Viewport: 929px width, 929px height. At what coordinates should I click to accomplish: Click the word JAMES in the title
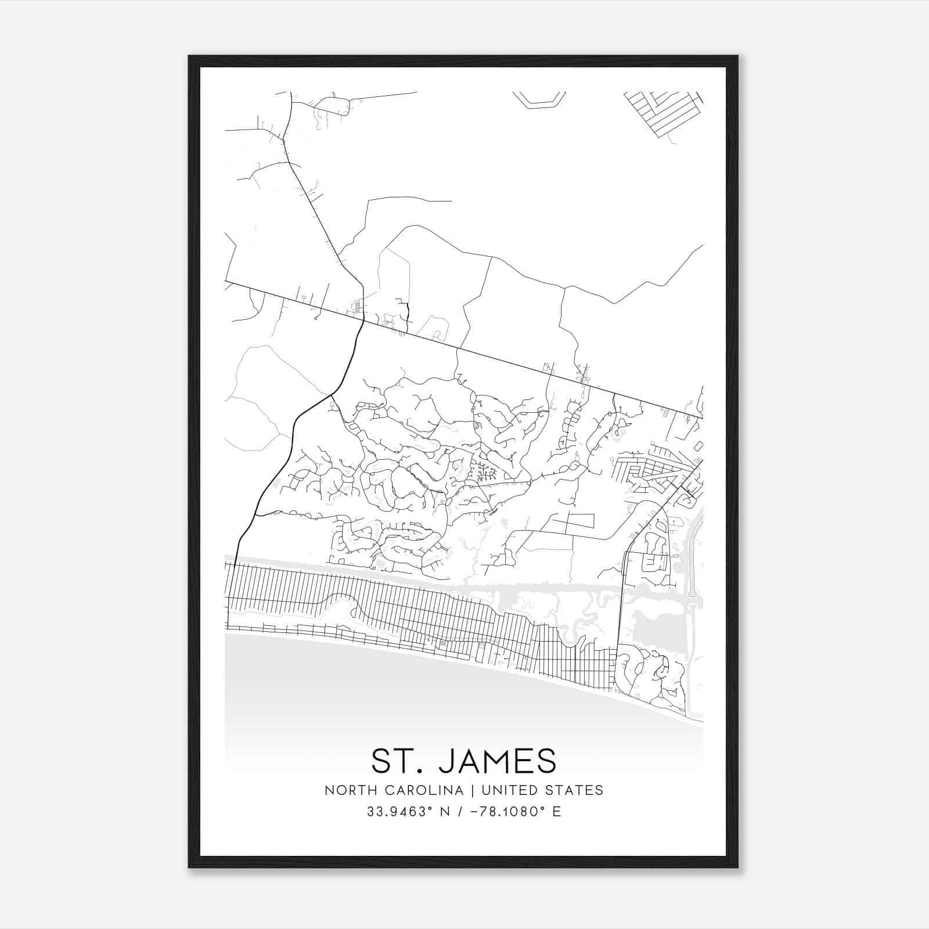(497, 761)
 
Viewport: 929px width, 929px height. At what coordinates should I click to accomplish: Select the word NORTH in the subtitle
(345, 790)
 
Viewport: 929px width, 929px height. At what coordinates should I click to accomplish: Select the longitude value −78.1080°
(503, 812)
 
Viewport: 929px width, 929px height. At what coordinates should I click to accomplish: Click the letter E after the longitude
(557, 812)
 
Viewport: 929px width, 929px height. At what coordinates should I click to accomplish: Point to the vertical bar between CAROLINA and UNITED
(473, 790)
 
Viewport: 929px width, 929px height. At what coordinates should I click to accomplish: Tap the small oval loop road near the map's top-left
(332, 106)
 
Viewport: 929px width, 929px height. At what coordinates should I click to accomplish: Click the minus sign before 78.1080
(475, 812)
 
